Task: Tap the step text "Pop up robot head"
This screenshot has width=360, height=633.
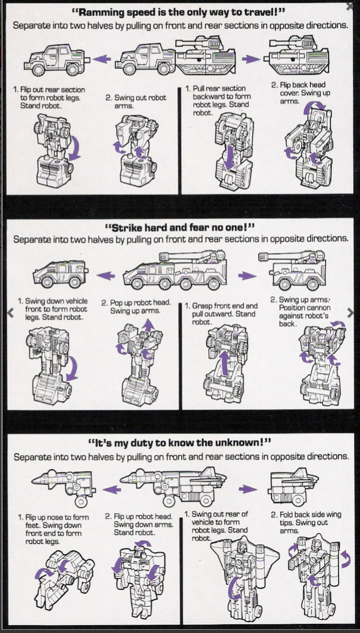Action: (x=136, y=307)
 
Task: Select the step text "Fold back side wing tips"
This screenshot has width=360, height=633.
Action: (x=306, y=519)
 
